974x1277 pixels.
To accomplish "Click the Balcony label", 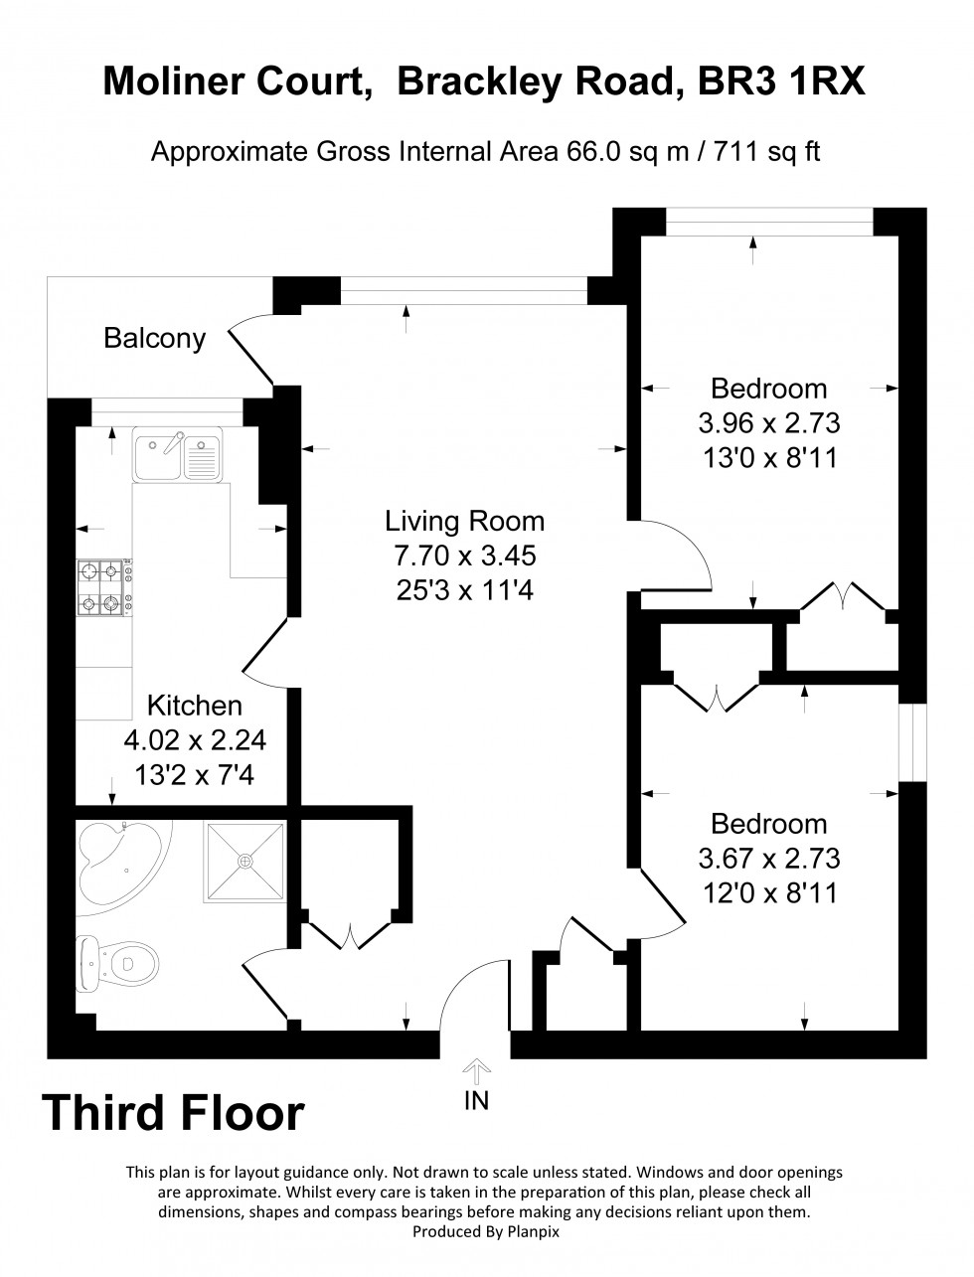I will pos(155,339).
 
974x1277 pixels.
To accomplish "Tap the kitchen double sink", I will pos(178,454).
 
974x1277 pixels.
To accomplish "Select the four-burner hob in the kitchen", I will pos(101,586).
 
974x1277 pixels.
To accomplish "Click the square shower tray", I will pos(243,861).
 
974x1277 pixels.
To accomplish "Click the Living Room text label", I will pos(464,521).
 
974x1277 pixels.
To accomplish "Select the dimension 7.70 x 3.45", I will pos(464,556).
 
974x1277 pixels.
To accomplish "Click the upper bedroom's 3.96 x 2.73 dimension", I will pos(769,423).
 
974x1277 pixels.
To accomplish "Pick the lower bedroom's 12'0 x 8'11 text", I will pos(769,892).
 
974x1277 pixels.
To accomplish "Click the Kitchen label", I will pos(195,706).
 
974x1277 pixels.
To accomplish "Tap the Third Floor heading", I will pos(173,1113).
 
